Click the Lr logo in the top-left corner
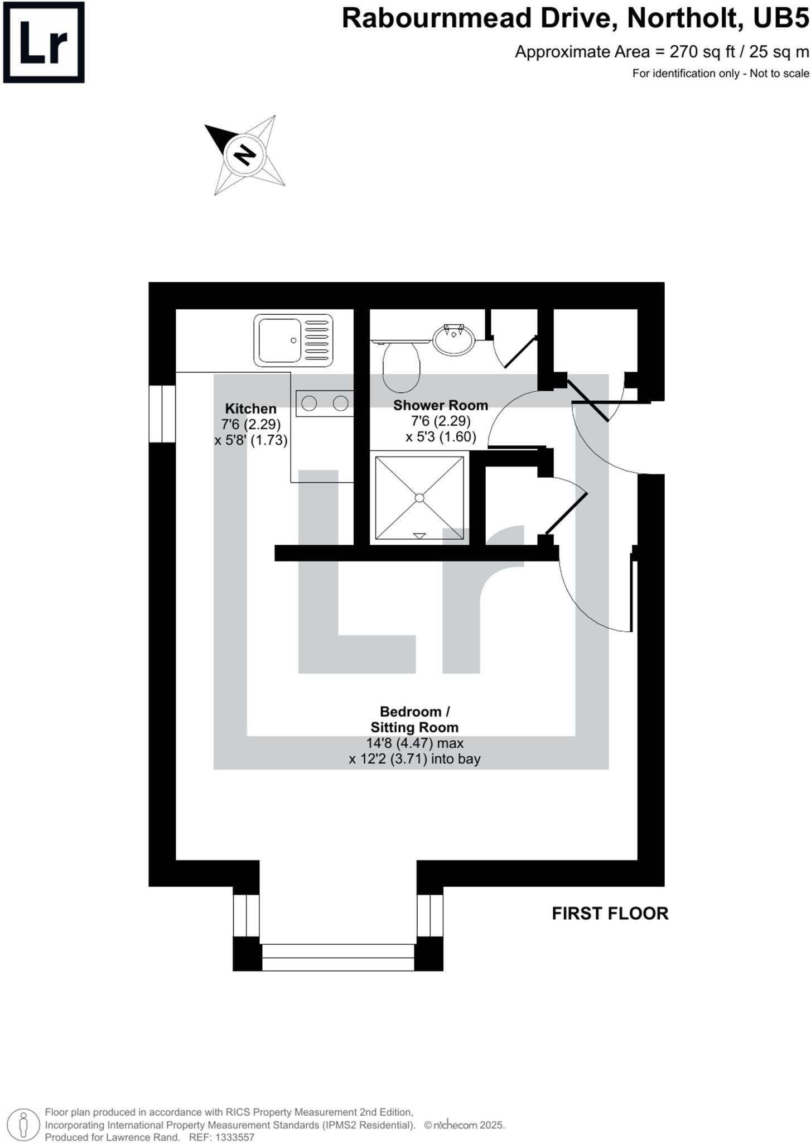point(44,42)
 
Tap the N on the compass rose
point(244,154)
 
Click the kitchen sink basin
point(278,340)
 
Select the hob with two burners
point(325,403)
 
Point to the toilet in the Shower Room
point(401,366)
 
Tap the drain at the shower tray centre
point(419,497)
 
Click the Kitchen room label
point(250,409)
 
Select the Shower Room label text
point(440,405)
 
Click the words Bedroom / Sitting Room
point(414,719)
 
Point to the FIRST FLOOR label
point(610,914)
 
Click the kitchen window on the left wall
point(162,414)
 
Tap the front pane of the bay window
point(338,957)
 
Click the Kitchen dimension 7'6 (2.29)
point(250,424)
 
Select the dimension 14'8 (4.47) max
point(414,743)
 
